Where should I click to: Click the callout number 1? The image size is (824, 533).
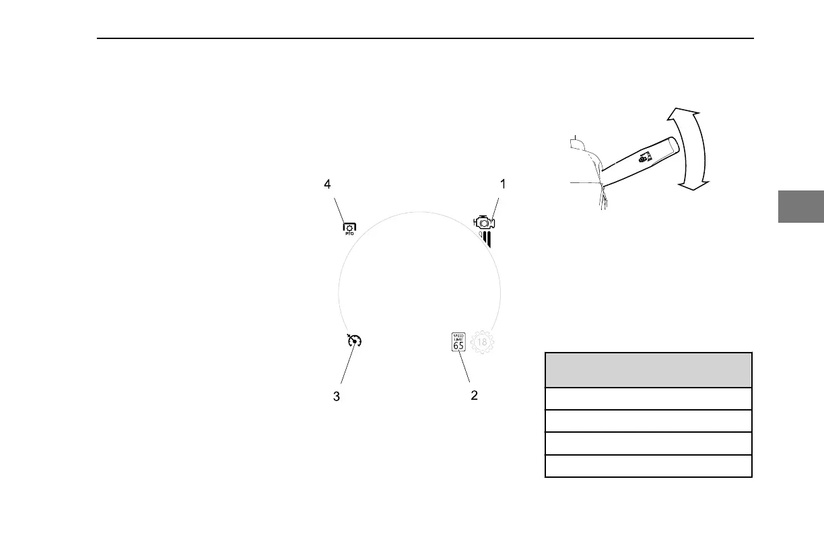(502, 183)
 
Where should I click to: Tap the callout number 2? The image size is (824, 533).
(474, 396)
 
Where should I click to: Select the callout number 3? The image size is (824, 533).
(337, 397)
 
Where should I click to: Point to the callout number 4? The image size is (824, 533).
(328, 183)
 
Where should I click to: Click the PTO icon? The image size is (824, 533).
(350, 228)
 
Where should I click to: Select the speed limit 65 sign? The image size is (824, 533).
(458, 342)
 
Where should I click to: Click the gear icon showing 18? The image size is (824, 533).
(482, 342)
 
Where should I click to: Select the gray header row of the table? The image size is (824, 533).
(648, 369)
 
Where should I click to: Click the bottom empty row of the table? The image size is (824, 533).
(648, 466)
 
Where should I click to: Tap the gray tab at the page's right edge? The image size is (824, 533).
(801, 207)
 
